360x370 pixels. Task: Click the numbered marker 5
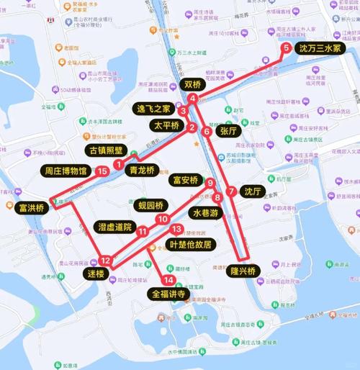(287, 48)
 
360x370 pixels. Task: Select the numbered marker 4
(194, 98)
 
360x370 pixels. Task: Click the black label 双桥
(192, 84)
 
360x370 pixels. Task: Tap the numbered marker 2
(192, 127)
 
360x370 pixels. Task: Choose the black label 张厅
(228, 131)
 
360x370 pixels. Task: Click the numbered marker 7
(230, 191)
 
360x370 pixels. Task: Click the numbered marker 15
(103, 171)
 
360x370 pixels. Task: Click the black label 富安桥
(185, 180)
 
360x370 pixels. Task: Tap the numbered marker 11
(143, 230)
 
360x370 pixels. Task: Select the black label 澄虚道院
(114, 227)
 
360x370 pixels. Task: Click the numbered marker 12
(106, 261)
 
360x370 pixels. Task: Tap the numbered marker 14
(168, 279)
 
